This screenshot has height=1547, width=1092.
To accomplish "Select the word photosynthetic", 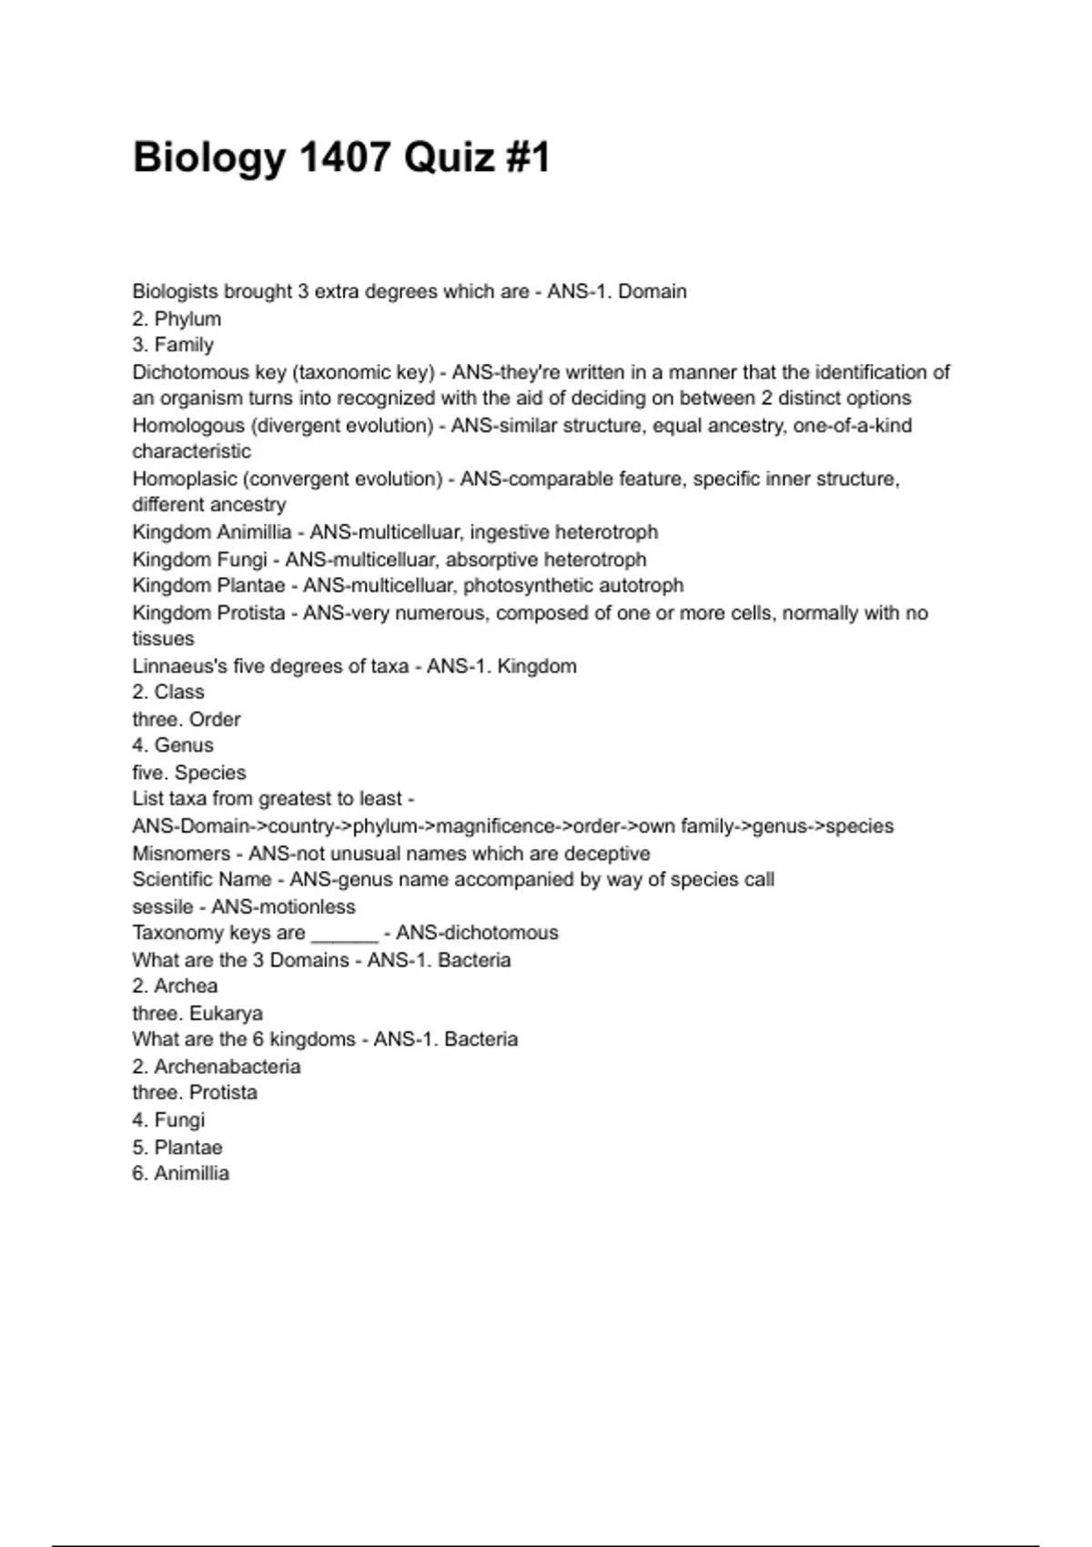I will click(x=527, y=585).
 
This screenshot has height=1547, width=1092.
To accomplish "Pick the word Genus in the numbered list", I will click(x=184, y=745).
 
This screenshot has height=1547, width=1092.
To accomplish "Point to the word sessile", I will click(x=162, y=906).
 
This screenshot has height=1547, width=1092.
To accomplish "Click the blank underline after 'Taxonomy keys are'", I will click(x=344, y=935).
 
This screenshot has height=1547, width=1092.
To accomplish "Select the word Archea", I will click(x=186, y=986).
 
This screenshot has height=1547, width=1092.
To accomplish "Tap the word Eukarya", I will click(x=226, y=1013).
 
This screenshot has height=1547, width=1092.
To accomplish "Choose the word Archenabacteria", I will click(x=227, y=1067).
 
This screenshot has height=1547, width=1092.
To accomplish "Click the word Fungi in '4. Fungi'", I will click(x=179, y=1120).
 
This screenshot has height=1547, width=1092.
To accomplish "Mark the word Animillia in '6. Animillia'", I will click(x=191, y=1173).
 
